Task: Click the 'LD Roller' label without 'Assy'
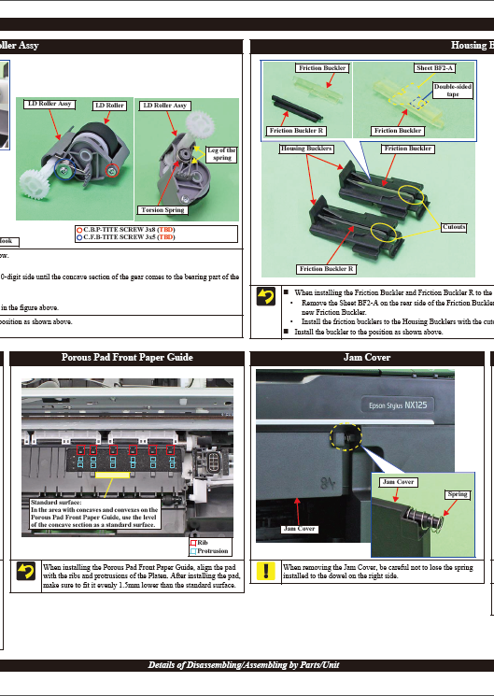point(109,106)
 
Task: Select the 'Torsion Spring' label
point(161,210)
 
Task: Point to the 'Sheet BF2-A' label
point(434,68)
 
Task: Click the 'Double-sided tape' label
point(451,89)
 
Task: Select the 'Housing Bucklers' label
point(306,149)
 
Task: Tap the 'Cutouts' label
point(453,227)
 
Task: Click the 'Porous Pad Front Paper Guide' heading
point(127,357)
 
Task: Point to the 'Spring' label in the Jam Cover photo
point(457,494)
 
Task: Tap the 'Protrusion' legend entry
point(212,550)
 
